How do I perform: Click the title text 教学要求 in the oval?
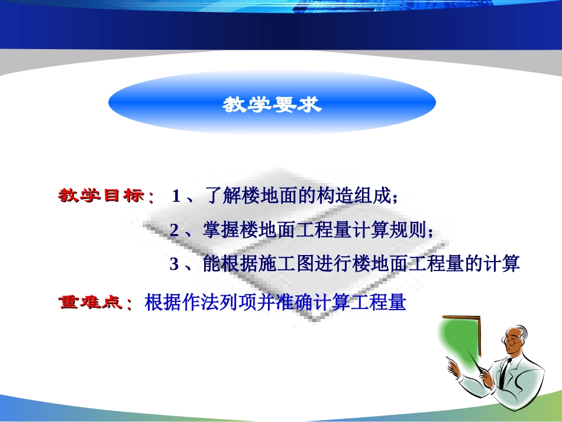click(x=272, y=105)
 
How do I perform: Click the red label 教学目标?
click(x=101, y=196)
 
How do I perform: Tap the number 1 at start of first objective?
click(x=176, y=196)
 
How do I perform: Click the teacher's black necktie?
click(x=503, y=373)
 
